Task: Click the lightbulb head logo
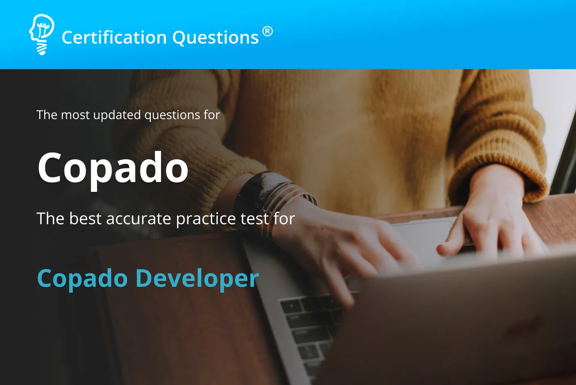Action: (x=41, y=34)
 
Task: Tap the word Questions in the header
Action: (x=215, y=38)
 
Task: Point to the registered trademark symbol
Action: (x=267, y=32)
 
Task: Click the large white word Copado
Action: (x=113, y=169)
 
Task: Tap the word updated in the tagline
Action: (x=117, y=115)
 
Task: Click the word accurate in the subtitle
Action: (x=139, y=219)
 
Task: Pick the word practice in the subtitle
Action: (x=206, y=219)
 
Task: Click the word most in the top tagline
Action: (x=75, y=115)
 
